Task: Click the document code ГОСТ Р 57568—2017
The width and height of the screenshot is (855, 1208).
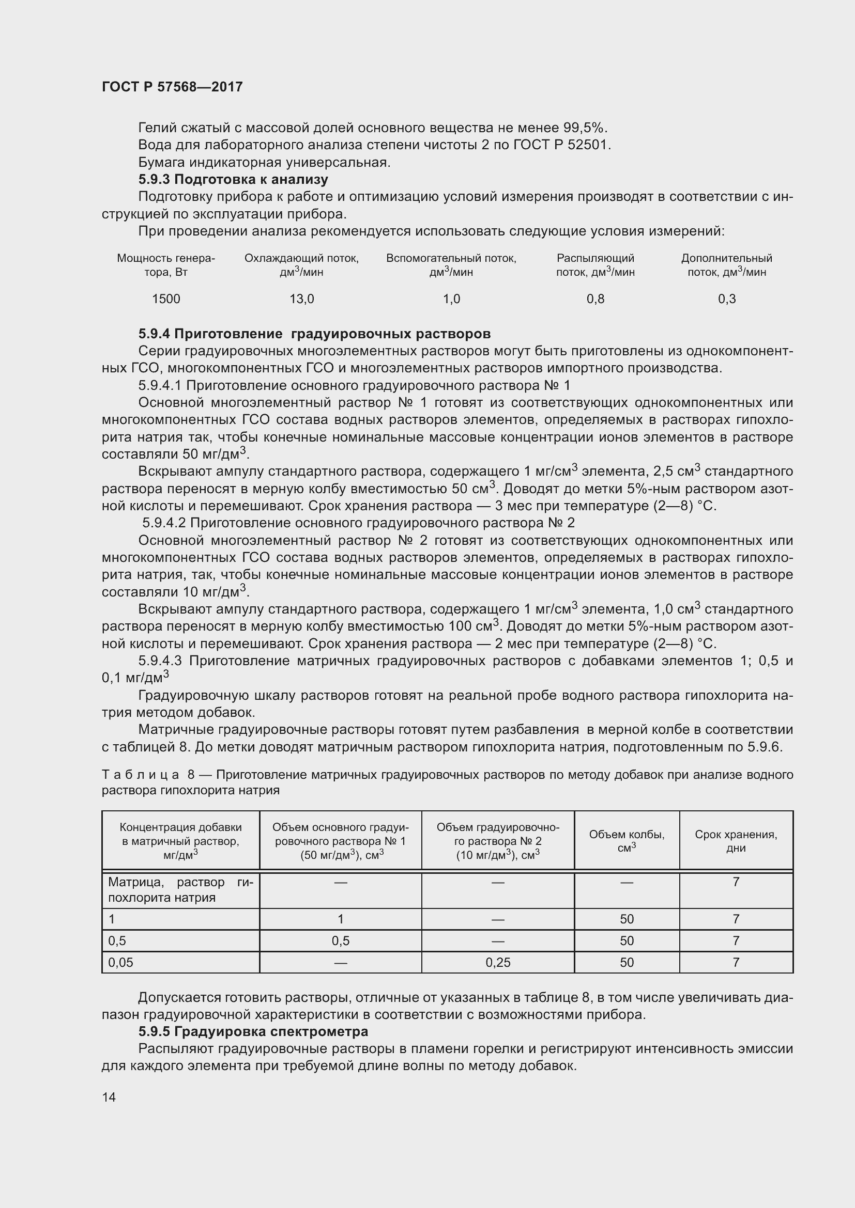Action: point(172,87)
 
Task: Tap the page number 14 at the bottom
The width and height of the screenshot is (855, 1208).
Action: point(109,1097)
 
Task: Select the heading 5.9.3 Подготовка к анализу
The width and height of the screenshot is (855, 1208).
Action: point(233,179)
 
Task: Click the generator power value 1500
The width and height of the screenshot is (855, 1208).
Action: point(166,299)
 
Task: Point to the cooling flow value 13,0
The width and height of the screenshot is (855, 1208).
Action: point(302,299)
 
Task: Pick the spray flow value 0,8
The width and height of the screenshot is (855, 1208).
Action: point(596,299)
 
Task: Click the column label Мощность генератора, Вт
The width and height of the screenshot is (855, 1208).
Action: point(166,264)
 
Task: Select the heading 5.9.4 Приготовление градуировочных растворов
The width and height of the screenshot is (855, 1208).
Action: point(314,334)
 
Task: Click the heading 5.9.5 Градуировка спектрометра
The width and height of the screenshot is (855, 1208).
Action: point(253,1031)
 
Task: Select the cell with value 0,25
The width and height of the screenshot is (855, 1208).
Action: point(498,962)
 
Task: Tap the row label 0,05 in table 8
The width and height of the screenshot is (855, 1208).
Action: point(120,962)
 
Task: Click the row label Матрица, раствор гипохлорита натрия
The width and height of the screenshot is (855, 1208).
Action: point(180,889)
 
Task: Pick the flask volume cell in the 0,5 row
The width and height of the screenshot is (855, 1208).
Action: point(627,940)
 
